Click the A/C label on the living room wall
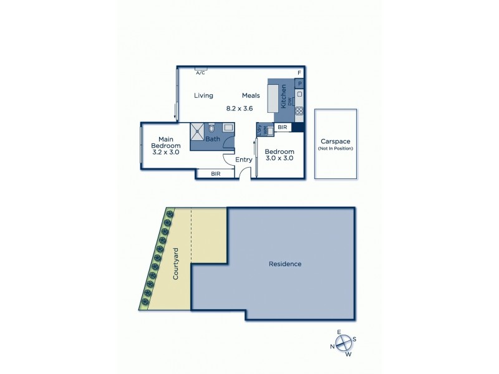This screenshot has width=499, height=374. pyautogui.click(x=200, y=73)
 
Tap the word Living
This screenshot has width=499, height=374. pyautogui.click(x=203, y=95)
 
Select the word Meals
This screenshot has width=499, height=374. pyautogui.click(x=251, y=95)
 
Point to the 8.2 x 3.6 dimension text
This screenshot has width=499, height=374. pyautogui.click(x=239, y=108)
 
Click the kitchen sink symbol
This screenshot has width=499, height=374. pyautogui.click(x=299, y=95)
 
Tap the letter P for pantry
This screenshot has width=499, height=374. pyautogui.click(x=299, y=84)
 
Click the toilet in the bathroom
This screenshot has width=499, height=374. pyautogui.click(x=211, y=128)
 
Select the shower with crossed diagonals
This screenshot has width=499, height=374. pyautogui.click(x=198, y=130)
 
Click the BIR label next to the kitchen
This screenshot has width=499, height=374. pyautogui.click(x=283, y=127)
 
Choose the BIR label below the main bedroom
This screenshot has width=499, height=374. pyautogui.click(x=216, y=174)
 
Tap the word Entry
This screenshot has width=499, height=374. pyautogui.click(x=244, y=160)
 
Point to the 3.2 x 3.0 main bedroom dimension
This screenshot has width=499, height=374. pyautogui.click(x=165, y=151)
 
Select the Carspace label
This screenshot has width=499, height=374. pyautogui.click(x=336, y=141)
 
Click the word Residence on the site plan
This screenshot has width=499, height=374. pyautogui.click(x=285, y=264)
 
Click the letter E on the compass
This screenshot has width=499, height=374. pyautogui.click(x=339, y=332)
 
